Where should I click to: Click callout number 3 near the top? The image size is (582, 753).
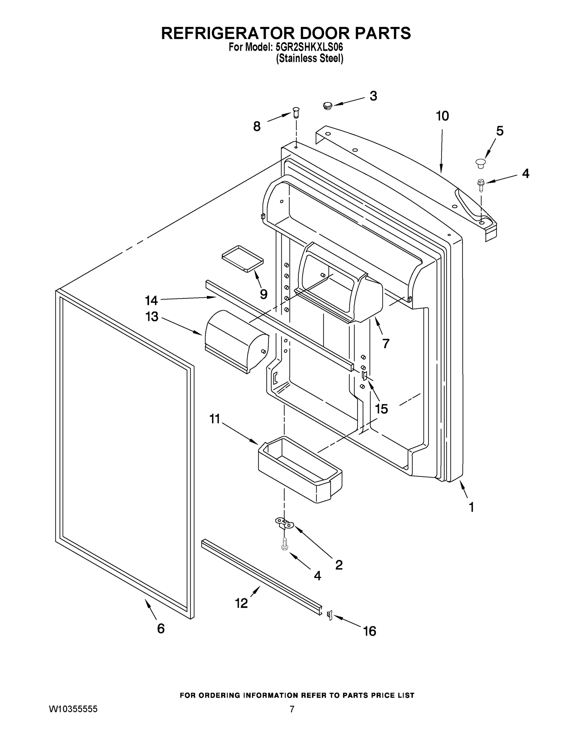pos(373,96)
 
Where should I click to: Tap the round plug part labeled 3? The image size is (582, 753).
pos(327,105)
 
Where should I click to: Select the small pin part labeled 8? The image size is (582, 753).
pos(296,112)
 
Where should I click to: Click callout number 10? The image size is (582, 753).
pos(442,116)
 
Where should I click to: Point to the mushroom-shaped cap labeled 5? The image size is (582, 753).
pos(480,163)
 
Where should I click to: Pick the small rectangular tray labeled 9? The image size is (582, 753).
pos(243,259)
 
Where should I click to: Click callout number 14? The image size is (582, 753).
pos(151,300)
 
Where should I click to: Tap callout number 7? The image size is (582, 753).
pos(386,344)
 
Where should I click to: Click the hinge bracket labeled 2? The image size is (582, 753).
pos(284,524)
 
